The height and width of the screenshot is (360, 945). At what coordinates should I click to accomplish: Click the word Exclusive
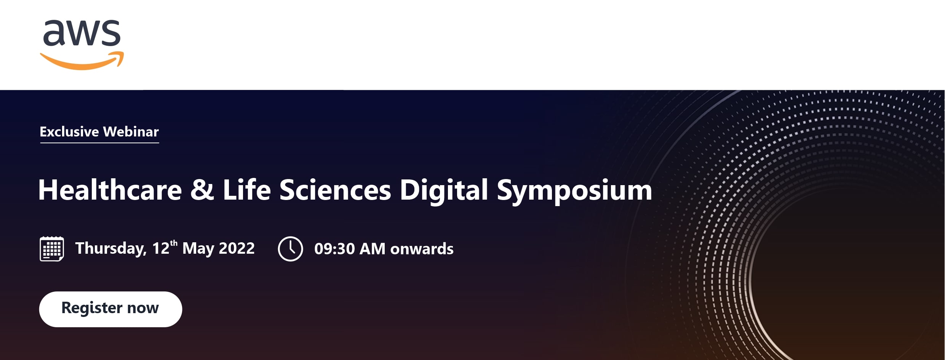69,132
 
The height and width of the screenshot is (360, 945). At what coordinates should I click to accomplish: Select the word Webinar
131,132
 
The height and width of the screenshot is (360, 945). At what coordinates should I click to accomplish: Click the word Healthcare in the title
110,190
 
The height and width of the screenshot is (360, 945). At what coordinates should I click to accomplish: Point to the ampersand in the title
202,190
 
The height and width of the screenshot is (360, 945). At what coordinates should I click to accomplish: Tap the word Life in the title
246,190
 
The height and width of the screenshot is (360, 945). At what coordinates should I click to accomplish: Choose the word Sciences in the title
335,190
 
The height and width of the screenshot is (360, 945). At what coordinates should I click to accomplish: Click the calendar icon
52,249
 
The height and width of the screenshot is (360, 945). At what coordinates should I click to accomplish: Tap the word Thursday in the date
111,249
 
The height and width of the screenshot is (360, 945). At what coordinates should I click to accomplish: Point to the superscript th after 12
174,243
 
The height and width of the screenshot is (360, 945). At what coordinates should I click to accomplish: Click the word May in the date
198,249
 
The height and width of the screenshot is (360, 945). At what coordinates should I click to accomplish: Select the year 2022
237,248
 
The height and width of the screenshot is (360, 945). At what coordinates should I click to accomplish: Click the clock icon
290,249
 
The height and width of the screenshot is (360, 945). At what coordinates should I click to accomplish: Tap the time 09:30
334,249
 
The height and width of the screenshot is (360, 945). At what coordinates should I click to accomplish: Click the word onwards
422,249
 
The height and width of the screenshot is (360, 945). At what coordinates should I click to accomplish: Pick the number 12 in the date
161,249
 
